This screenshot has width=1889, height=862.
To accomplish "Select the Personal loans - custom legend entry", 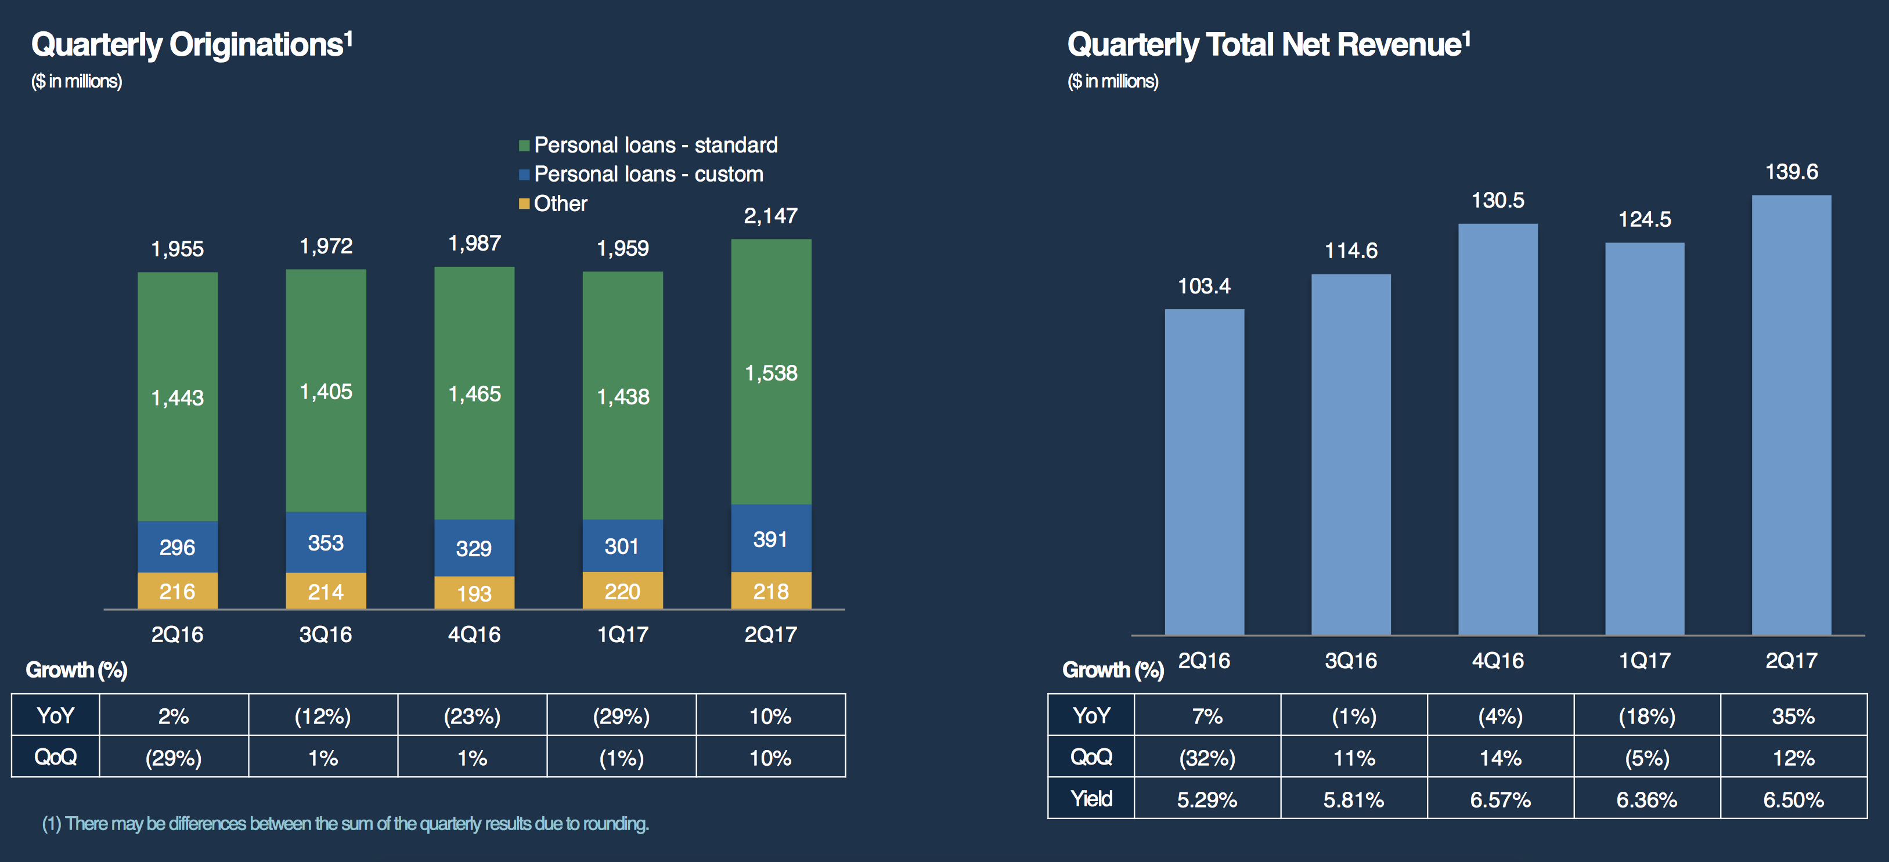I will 648,175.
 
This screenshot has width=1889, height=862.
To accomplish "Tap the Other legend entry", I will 560,204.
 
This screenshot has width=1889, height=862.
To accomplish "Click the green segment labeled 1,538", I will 771,372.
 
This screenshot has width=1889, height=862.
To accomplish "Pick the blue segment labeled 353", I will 326,542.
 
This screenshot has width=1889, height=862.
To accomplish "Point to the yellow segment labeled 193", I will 474,593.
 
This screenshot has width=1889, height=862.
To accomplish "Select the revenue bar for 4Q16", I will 1497,429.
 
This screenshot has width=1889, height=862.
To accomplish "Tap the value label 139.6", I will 1791,172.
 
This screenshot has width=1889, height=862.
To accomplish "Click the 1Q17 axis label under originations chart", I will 622,634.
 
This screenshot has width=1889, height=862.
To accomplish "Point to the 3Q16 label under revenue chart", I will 1350,661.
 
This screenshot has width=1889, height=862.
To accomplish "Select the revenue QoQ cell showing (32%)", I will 1207,757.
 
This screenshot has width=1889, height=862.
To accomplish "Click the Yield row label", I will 1091,798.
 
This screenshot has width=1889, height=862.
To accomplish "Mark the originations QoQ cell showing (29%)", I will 173,757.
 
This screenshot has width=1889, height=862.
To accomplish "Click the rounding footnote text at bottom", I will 345,824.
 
